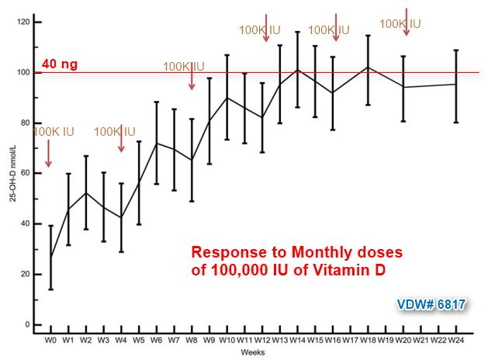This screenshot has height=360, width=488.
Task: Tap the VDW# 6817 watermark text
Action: tap(431, 305)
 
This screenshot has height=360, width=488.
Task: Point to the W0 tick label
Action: tap(50, 341)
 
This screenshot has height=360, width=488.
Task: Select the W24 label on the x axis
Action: tap(457, 341)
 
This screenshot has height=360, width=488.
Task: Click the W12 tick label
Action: tap(261, 341)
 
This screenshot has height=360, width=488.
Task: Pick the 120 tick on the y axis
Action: tap(24, 22)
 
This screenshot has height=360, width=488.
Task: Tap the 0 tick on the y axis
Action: tap(29, 324)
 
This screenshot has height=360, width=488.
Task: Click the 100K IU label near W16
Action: tap(329, 30)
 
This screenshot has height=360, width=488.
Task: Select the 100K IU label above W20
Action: tap(400, 24)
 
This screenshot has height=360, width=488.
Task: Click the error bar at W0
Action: tap(50, 258)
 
